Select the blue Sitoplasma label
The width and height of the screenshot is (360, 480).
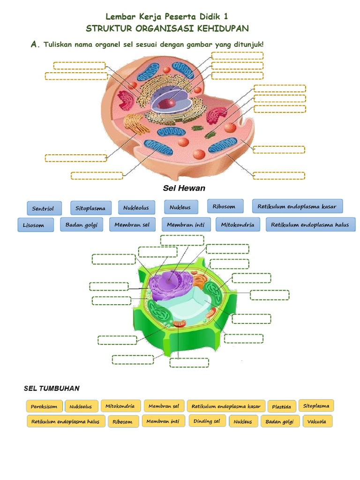point(91,208)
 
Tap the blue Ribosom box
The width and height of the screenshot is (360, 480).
point(225,206)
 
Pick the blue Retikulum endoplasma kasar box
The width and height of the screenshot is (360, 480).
point(297,206)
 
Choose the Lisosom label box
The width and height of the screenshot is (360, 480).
point(34,225)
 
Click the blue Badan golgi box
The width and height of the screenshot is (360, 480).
point(81,225)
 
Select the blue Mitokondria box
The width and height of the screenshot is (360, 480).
point(238,225)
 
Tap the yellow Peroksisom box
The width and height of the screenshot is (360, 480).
point(44,406)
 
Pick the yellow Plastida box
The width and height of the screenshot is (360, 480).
point(281,406)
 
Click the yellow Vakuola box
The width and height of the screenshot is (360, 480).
point(317,421)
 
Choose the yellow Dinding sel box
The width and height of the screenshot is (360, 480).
point(207,421)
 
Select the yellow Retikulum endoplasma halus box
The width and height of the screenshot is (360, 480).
point(66,421)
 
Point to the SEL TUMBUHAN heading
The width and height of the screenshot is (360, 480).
point(52,389)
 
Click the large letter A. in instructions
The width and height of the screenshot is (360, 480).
point(34,44)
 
